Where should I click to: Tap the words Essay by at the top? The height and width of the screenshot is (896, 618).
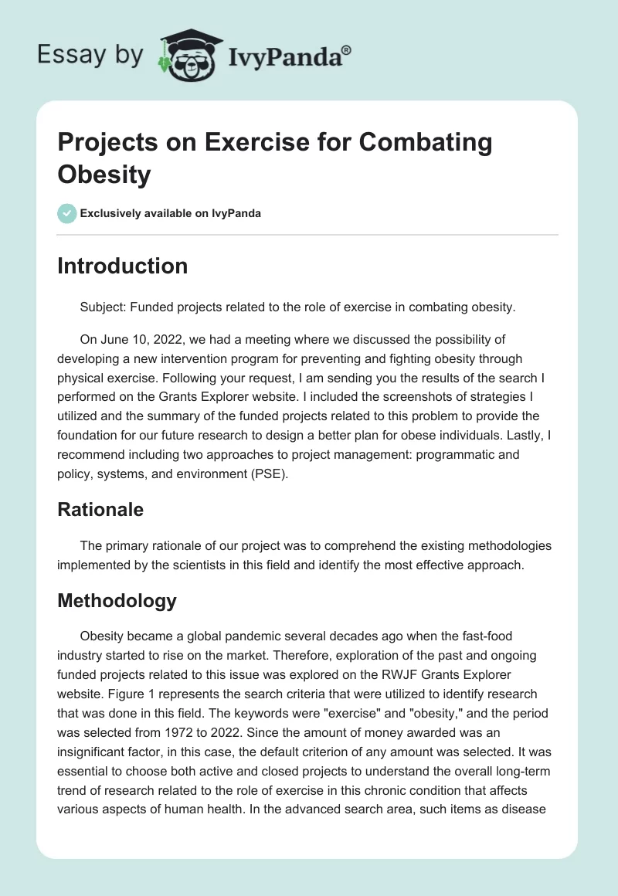point(91,55)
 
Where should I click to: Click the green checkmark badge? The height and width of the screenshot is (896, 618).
point(67,213)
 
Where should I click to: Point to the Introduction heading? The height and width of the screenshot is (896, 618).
point(123,266)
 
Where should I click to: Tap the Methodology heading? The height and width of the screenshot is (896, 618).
point(117,600)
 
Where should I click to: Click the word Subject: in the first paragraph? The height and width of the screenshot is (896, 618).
point(103,307)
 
